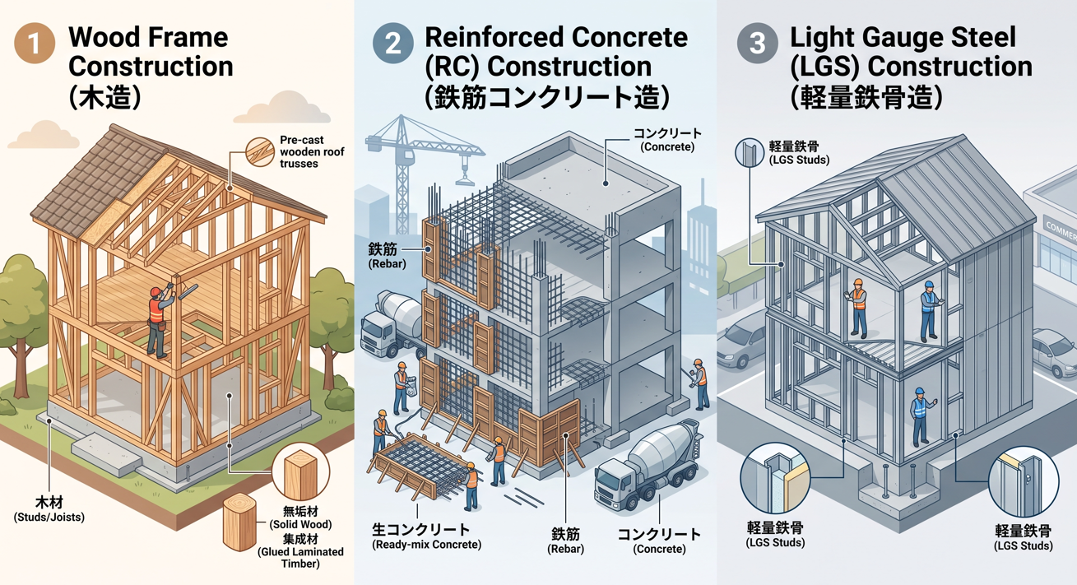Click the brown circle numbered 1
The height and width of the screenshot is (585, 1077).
[35, 44]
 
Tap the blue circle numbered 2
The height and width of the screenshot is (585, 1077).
[392, 44]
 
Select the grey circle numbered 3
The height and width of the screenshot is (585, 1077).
[757, 44]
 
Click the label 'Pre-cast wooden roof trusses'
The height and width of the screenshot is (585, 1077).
[312, 152]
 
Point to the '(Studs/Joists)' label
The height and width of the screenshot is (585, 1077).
[49, 518]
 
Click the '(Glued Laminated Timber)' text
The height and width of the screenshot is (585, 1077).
[300, 558]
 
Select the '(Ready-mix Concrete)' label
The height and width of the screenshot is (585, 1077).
[427, 545]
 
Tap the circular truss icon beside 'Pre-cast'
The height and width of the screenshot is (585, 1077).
[260, 152]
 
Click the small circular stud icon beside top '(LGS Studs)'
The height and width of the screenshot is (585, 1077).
[750, 153]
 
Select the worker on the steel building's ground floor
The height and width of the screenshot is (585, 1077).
[920, 417]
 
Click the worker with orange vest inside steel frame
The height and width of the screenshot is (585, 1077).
[856, 308]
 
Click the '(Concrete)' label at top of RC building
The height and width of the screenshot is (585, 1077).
[667, 147]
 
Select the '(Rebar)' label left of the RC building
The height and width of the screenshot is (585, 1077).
[387, 264]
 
